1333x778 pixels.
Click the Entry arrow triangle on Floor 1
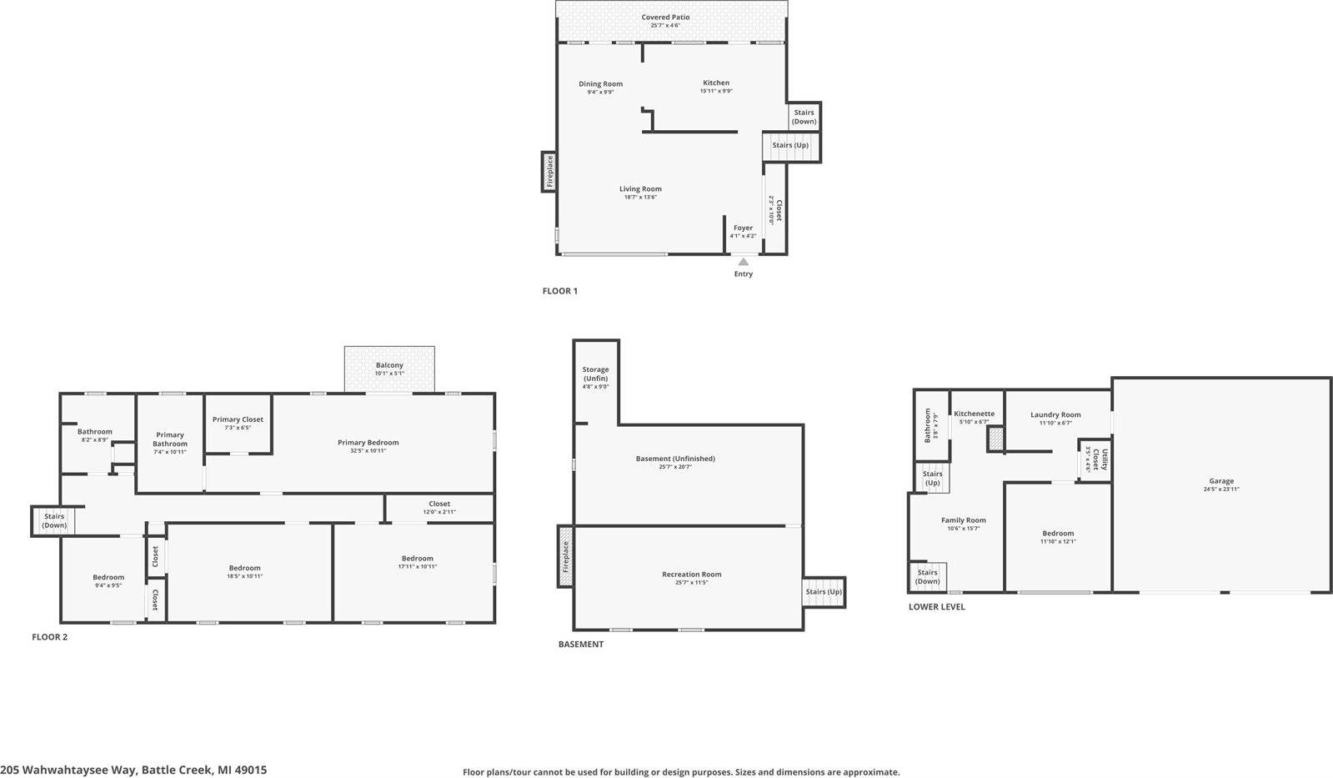point(743,262)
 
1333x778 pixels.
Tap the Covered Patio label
point(665,18)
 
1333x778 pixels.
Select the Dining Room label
point(600,84)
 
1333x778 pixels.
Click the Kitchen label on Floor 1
point(716,83)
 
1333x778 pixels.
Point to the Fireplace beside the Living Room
point(549,172)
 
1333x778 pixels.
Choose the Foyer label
point(743,228)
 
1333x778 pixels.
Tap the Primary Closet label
point(238,419)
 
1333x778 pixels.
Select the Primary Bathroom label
point(170,439)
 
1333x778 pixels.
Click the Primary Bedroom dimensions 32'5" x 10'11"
point(368,451)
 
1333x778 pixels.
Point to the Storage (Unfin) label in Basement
point(595,374)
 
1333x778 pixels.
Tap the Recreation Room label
point(691,575)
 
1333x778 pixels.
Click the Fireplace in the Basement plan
point(565,556)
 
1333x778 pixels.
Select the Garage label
point(1221,481)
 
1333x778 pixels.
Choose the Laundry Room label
point(1055,414)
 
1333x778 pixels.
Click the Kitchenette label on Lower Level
point(974,414)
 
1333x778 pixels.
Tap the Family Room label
point(963,520)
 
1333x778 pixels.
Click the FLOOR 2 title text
point(50,637)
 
